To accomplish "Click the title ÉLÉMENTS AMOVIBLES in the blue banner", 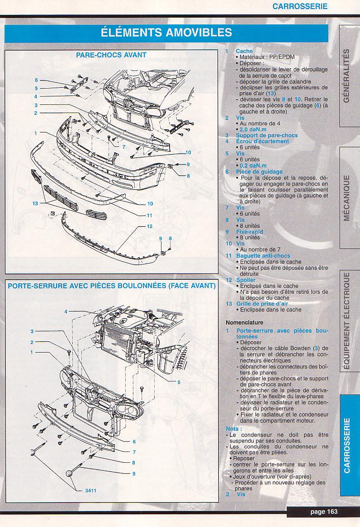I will pos(166,33).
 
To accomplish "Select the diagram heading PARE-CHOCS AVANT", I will pos(111,55).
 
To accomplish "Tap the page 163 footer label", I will pos(324,511).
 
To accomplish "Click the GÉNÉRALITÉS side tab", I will pos(346,75).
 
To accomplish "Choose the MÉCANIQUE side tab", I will pos(346,198).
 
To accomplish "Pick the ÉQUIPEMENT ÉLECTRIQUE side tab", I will pos(346,321).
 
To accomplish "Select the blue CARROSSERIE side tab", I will pos(346,445).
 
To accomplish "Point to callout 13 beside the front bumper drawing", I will pos(35,203).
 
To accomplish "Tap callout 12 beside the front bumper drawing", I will pos(149,226).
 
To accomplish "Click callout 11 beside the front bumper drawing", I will pos(149,215).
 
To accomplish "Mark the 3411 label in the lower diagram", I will pos(90,490).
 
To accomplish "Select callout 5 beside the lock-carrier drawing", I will pos(179,382).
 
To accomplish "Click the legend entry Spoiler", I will pos(246,280).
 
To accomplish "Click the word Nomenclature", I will pos(244,323).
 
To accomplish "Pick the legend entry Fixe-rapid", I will pos(249,232).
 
